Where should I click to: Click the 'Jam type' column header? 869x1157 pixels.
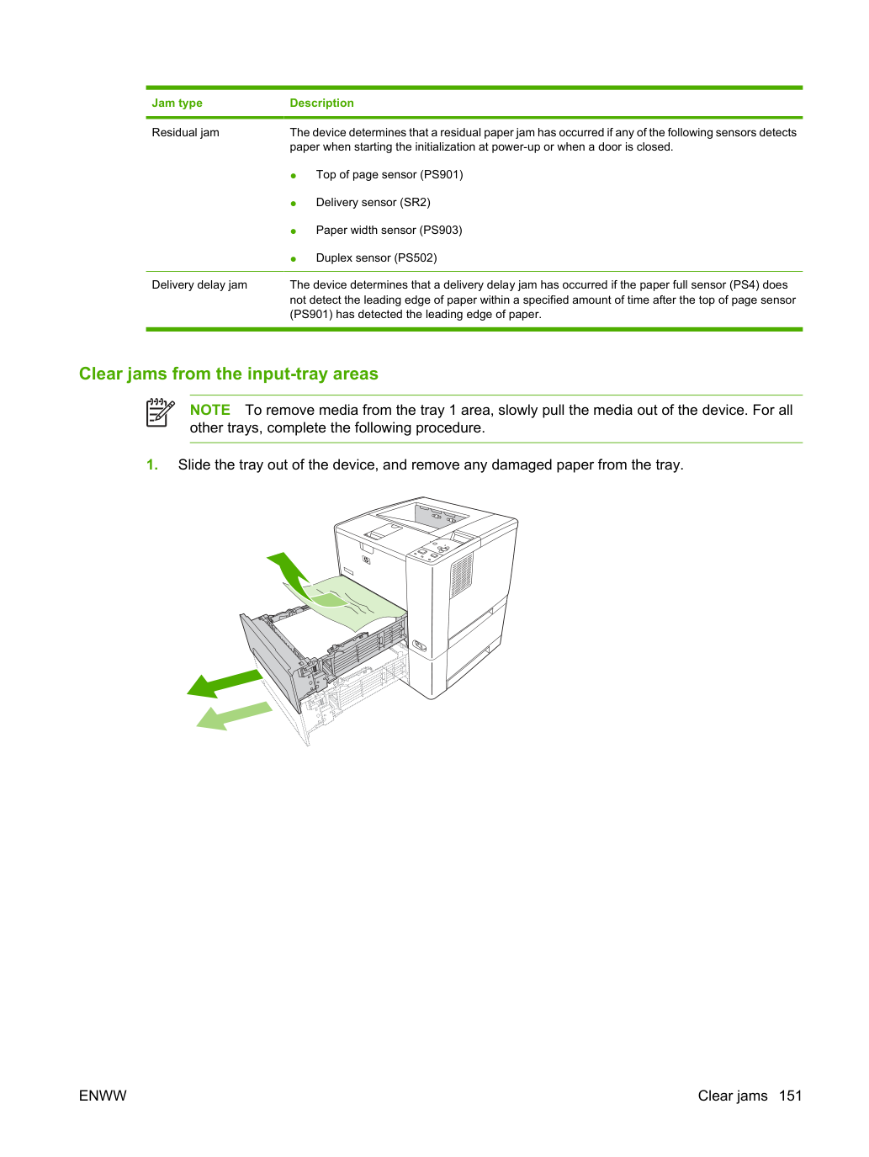(177, 103)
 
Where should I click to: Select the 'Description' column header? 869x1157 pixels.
(321, 103)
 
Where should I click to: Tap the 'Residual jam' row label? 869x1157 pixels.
(185, 132)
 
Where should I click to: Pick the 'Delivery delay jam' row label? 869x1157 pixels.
(199, 284)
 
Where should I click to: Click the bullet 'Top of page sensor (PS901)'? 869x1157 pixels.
(389, 174)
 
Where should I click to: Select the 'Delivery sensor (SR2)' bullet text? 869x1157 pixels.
(374, 203)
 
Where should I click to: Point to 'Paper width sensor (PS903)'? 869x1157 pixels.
(389, 230)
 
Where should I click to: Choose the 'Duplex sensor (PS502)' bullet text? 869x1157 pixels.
(376, 257)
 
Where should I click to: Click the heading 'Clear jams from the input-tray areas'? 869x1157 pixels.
(229, 374)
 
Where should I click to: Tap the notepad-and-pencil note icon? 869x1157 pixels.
(160, 412)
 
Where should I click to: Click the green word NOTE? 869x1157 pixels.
(209, 410)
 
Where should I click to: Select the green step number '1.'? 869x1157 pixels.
(151, 465)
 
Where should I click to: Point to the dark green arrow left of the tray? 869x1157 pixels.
(225, 683)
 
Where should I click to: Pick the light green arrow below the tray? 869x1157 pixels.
(234, 716)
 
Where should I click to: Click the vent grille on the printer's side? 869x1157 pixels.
(462, 576)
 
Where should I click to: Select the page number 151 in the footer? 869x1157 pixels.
(790, 1096)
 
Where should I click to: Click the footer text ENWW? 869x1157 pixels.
(103, 1096)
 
